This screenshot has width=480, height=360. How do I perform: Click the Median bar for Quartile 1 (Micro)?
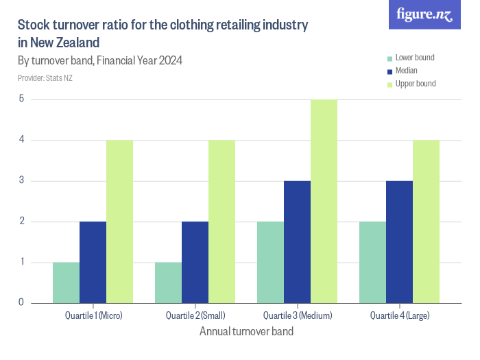pos(93,262)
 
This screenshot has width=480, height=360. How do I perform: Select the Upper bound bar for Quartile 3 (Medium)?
pos(324,201)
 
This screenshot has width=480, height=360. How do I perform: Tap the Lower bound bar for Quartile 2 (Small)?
pos(168,283)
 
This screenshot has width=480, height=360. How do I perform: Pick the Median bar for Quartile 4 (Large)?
pos(399,241)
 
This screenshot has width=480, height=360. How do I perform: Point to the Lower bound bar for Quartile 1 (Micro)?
pos(66,283)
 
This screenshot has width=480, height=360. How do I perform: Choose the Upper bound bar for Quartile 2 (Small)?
pos(221,221)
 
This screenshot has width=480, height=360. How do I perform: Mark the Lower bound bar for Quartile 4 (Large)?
pos(372,262)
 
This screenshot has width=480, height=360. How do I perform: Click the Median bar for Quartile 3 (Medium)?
pos(297,241)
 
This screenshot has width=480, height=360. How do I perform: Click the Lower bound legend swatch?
pos(389,58)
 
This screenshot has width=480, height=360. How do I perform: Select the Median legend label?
pos(406,71)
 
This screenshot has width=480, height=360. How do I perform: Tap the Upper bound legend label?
pos(416,84)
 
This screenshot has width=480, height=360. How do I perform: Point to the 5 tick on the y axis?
pos(21,99)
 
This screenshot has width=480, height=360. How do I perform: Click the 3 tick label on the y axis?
pos(21,181)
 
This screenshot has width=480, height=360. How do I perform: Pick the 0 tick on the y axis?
pos(21,302)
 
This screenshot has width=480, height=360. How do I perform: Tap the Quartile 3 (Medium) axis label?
pos(297,316)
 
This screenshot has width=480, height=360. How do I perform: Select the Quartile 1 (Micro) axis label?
pos(93,316)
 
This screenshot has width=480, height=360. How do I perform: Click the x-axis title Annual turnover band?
pos(246,332)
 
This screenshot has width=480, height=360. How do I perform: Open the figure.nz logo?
pos(424,14)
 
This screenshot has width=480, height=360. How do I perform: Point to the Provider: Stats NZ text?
pos(45,78)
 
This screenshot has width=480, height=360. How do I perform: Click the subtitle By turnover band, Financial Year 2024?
pos(100,60)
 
